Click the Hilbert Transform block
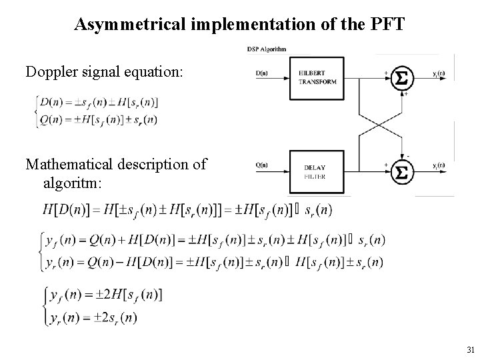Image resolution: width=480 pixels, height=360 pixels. pos(319,77)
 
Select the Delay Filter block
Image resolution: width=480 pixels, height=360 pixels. pos(319,171)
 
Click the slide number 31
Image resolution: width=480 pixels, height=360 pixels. pos(471,349)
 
